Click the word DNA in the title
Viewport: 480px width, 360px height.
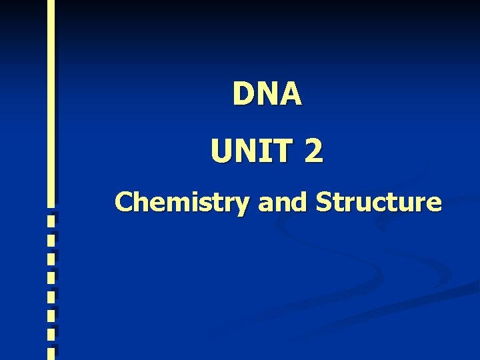click(x=267, y=94)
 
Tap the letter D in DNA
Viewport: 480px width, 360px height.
click(x=243, y=94)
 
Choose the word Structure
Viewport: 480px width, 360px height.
click(x=378, y=201)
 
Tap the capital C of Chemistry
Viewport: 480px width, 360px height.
click(x=124, y=201)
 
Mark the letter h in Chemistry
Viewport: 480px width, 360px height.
click(x=141, y=201)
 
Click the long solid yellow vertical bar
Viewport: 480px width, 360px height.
click(x=51, y=100)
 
